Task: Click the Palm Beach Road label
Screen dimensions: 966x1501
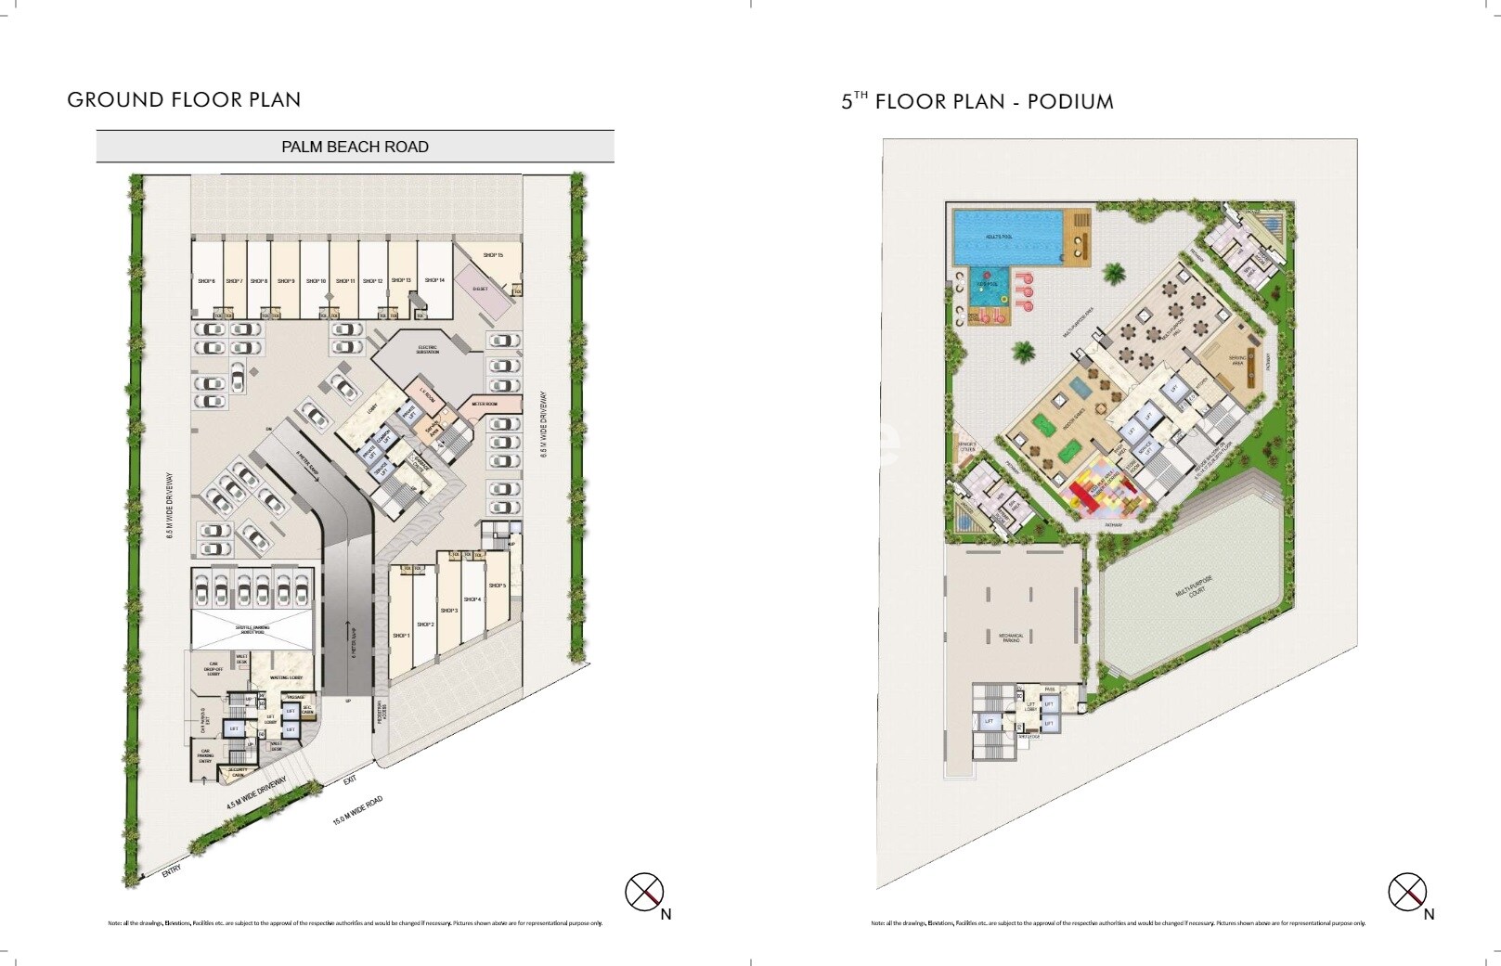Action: tap(355, 147)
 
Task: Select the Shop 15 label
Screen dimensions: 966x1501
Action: tap(493, 255)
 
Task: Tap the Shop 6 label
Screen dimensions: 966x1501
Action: tap(206, 281)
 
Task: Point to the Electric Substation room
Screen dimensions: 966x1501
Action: tap(428, 350)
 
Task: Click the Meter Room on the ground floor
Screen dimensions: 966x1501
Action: tap(485, 405)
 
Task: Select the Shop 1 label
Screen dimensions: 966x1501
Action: tap(401, 636)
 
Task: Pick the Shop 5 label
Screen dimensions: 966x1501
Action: tap(498, 586)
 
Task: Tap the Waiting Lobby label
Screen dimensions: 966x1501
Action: tap(286, 678)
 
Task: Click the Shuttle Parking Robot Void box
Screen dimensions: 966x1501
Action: tap(252, 629)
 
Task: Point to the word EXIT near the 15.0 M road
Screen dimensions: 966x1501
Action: tap(350, 780)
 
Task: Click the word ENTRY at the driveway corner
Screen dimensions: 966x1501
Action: tap(172, 871)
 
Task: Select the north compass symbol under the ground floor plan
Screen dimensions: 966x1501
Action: tap(643, 892)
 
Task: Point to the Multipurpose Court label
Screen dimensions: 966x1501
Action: tap(1194, 586)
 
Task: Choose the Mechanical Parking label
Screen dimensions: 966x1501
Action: tap(1011, 638)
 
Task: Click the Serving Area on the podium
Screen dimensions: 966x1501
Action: tap(1237, 360)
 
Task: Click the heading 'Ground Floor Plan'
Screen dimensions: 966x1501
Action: tap(184, 100)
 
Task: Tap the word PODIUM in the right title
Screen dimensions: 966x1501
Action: tap(1070, 102)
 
